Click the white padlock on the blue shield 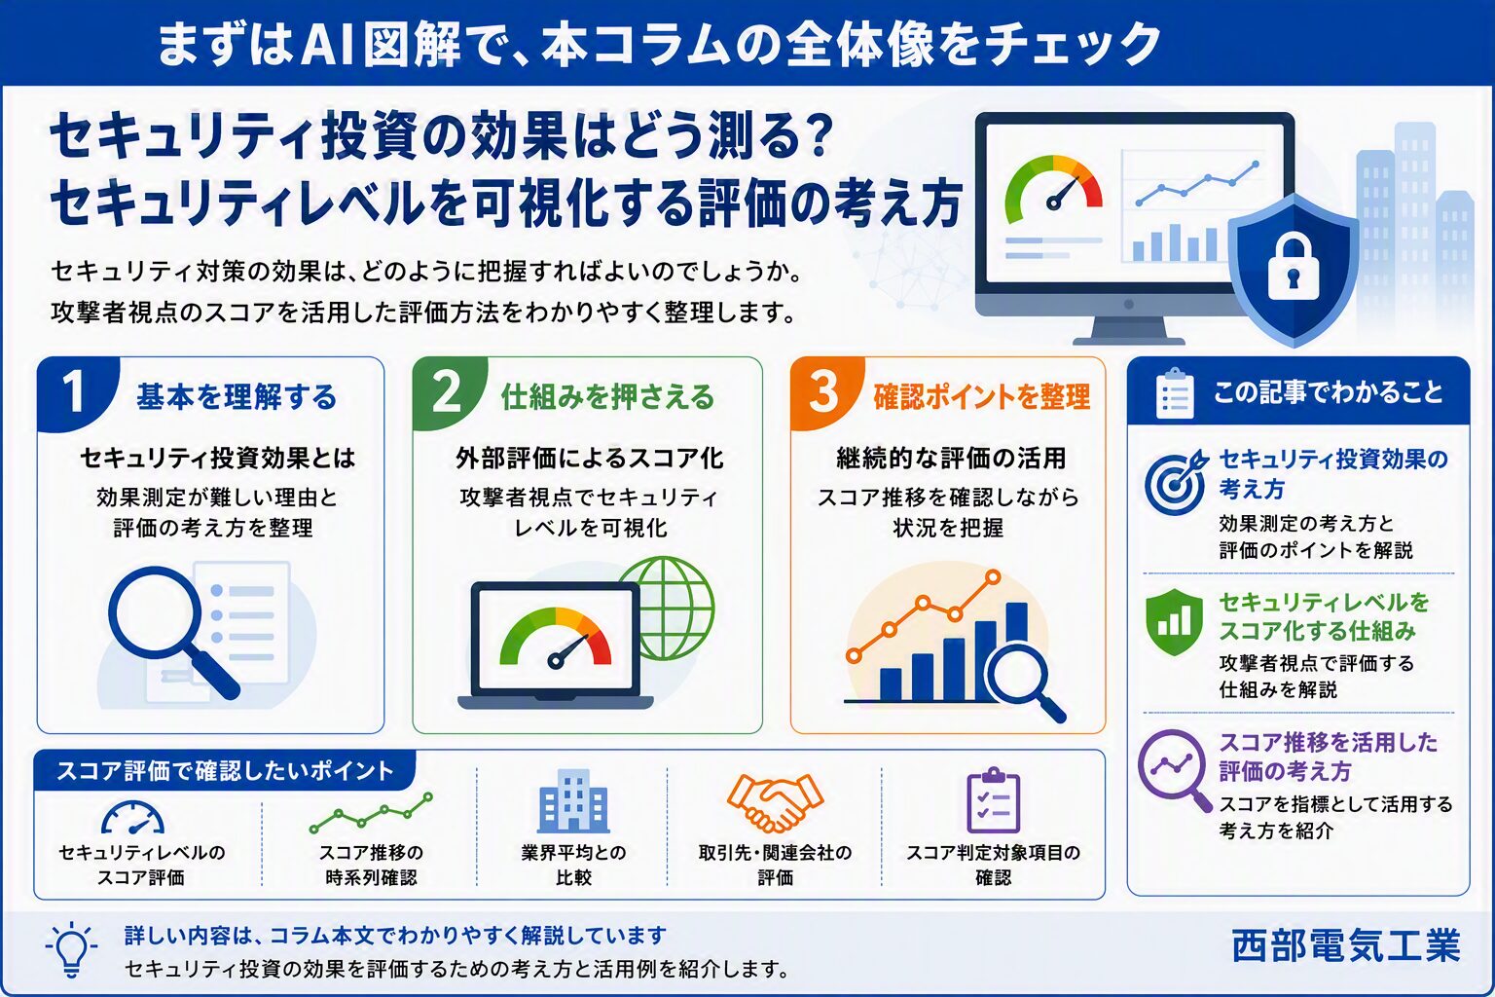[1294, 266]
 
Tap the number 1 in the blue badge [73, 392]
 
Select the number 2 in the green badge [447, 392]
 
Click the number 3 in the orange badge [823, 392]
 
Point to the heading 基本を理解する [237, 396]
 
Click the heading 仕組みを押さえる [608, 396]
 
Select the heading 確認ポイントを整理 [982, 396]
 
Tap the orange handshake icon [774, 802]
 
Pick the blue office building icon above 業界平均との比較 [573, 800]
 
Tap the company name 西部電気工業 [1345, 946]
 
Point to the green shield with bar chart [1174, 622]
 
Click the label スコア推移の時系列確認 [371, 865]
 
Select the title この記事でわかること [1329, 392]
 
